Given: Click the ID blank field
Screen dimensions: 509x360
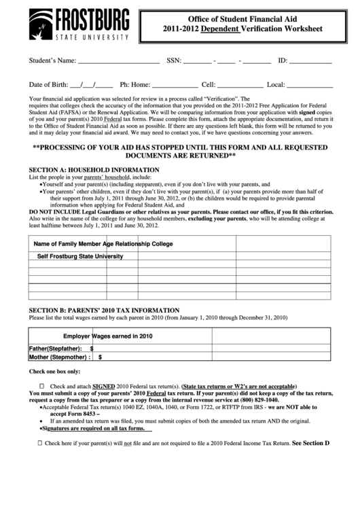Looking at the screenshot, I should pyautogui.click(x=312, y=62).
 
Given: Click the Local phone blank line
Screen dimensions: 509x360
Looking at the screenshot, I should pyautogui.click(x=309, y=86).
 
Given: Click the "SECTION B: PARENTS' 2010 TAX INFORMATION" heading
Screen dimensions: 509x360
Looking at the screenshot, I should pyautogui.click(x=104, y=309).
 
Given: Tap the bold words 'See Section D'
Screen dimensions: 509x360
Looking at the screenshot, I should pyautogui.click(x=310, y=442).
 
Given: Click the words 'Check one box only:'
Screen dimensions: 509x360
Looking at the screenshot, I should pyautogui.click(x=54, y=372).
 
